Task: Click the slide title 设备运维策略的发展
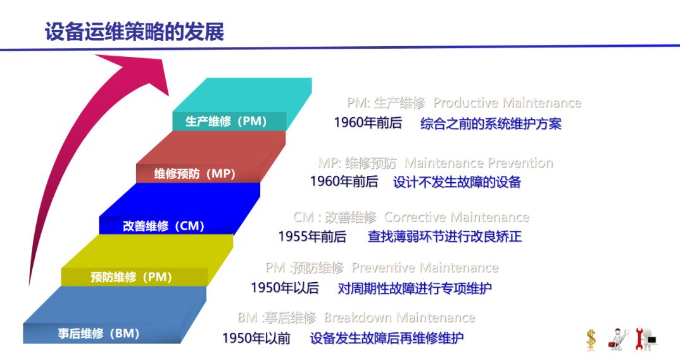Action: click(134, 32)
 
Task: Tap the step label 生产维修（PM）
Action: click(226, 121)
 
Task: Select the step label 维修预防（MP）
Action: click(194, 174)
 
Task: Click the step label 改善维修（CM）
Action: click(163, 226)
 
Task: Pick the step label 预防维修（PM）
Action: click(131, 277)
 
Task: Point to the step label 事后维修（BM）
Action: click(98, 333)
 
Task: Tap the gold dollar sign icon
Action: click(591, 340)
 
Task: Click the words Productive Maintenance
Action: click(507, 102)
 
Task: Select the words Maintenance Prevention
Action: click(479, 163)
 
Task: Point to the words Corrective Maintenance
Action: click(456, 216)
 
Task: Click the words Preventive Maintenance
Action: click(425, 268)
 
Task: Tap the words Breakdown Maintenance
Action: click(400, 318)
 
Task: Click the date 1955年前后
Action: click(312, 237)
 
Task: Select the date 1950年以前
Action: click(256, 338)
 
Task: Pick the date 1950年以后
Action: click(285, 288)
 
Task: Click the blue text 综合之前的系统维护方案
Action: click(491, 124)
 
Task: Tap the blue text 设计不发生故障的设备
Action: click(457, 182)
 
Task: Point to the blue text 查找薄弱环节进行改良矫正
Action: click(444, 237)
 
